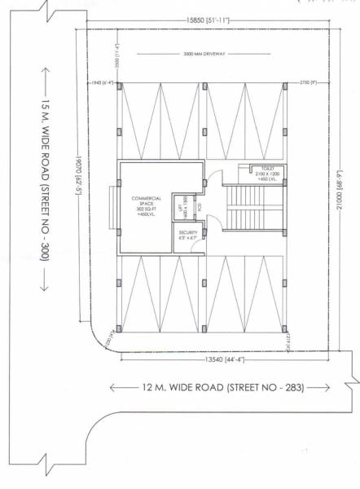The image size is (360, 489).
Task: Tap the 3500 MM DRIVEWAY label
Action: pos(204,55)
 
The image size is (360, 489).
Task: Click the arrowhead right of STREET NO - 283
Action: pos(323,387)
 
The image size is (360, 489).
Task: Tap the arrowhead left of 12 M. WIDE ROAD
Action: pos(116,387)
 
